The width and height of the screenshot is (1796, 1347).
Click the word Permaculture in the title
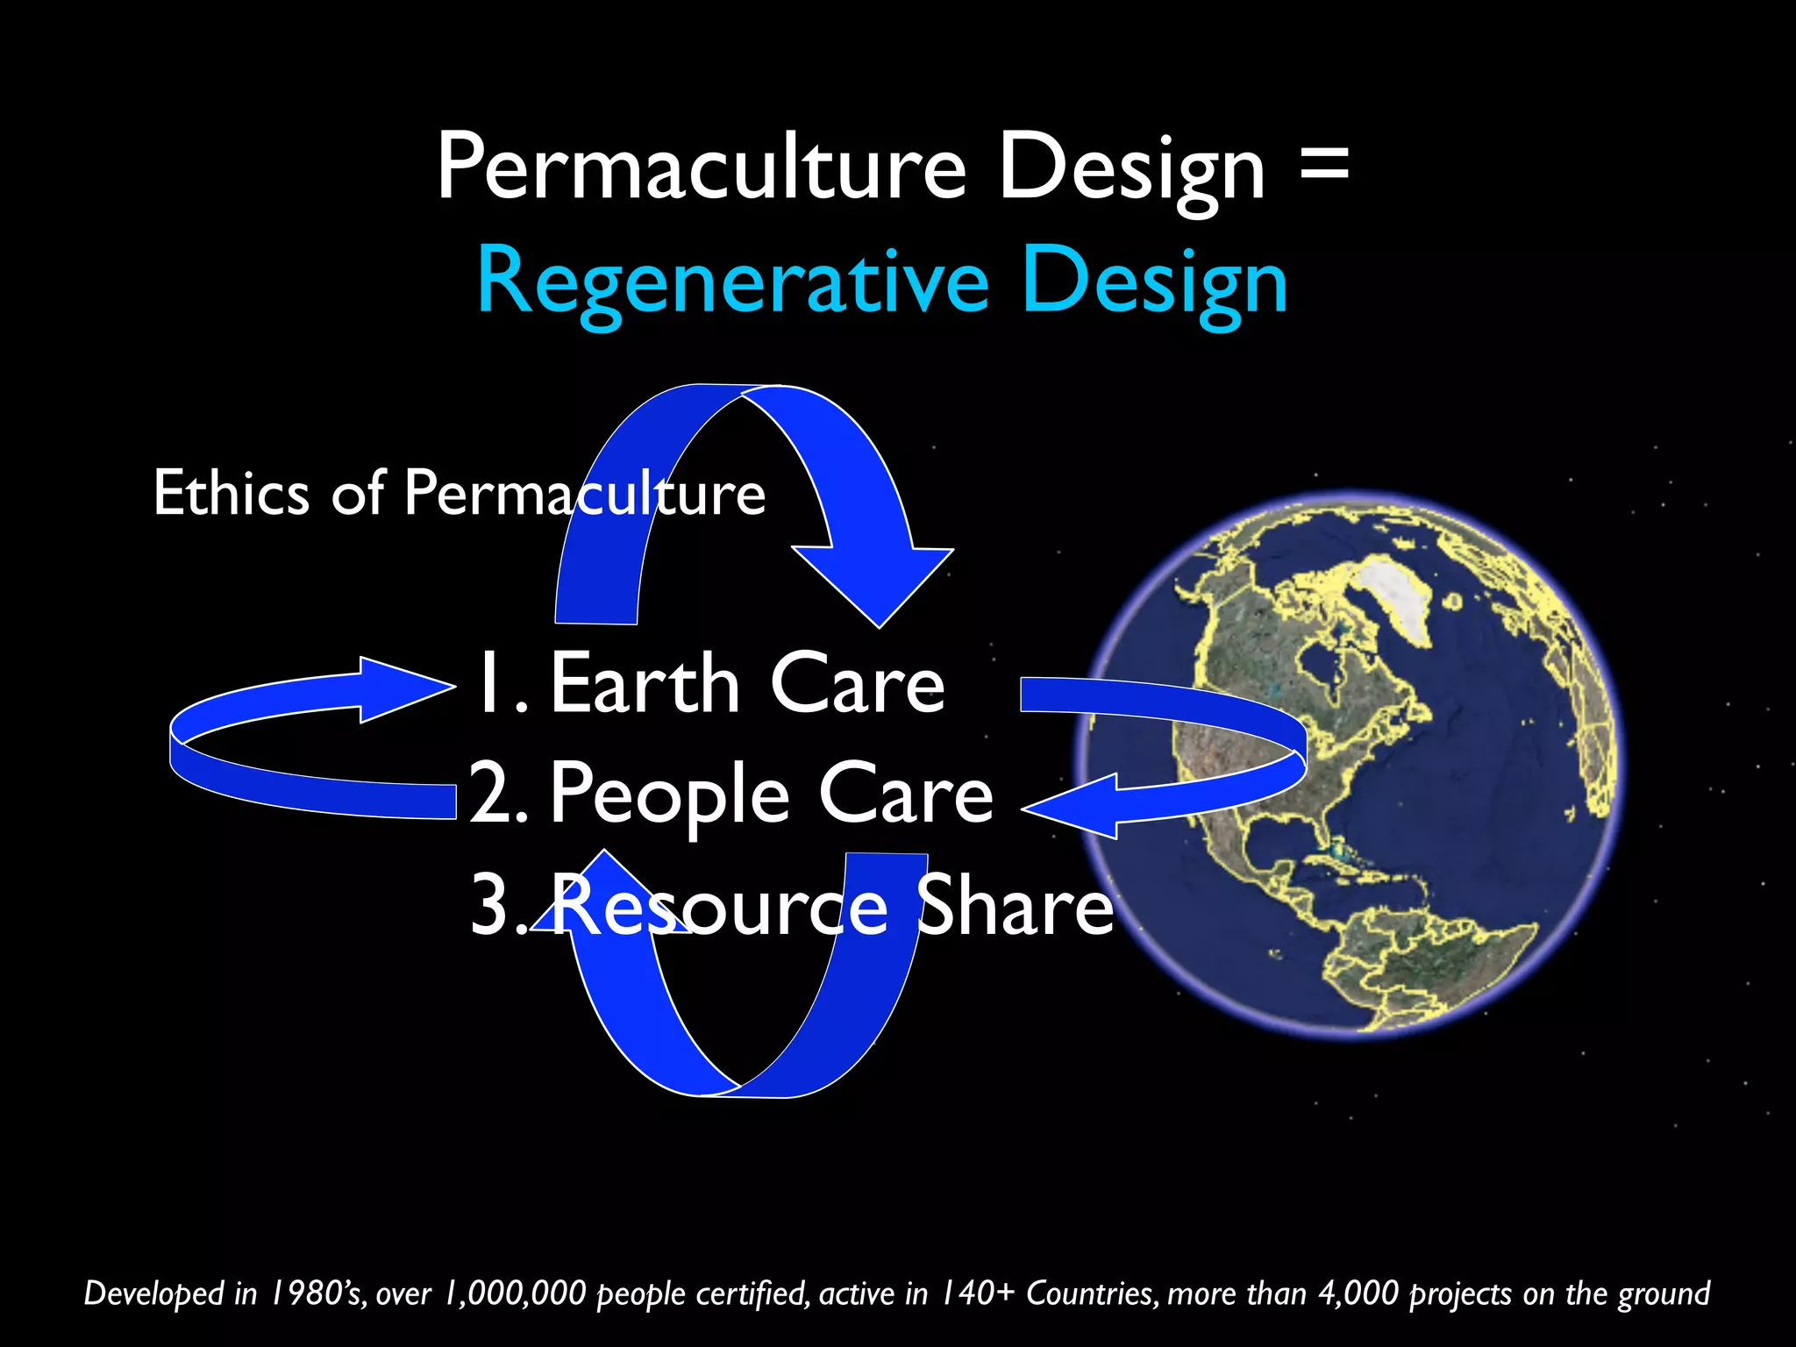point(702,167)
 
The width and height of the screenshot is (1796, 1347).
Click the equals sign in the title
point(1323,167)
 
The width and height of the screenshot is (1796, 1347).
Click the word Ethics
point(231,493)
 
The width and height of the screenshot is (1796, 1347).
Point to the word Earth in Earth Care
point(645,684)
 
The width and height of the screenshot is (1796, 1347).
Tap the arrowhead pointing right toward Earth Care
point(403,689)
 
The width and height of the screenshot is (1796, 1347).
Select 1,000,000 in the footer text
point(515,1294)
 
